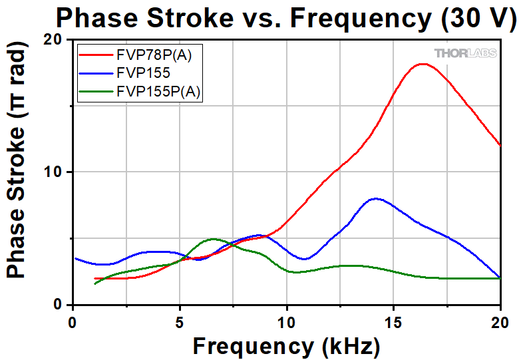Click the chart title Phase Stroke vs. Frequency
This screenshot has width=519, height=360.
pyautogui.click(x=285, y=17)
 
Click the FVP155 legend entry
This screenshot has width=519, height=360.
pyautogui.click(x=143, y=73)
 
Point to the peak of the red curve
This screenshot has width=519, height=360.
pyautogui.click(x=423, y=64)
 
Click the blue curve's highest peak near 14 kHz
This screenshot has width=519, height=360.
pyautogui.click(x=376, y=198)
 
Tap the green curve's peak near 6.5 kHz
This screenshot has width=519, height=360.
pyautogui.click(x=212, y=238)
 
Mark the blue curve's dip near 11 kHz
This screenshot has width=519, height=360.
pyautogui.click(x=304, y=259)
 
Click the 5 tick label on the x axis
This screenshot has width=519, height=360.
pyautogui.click(x=179, y=322)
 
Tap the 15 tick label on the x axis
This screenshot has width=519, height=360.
pyautogui.click(x=393, y=322)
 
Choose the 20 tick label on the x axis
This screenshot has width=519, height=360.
pyautogui.click(x=500, y=322)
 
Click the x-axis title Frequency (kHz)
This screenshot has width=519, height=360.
pyautogui.click(x=286, y=345)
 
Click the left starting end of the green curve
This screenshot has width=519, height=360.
pyautogui.click(x=95, y=284)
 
